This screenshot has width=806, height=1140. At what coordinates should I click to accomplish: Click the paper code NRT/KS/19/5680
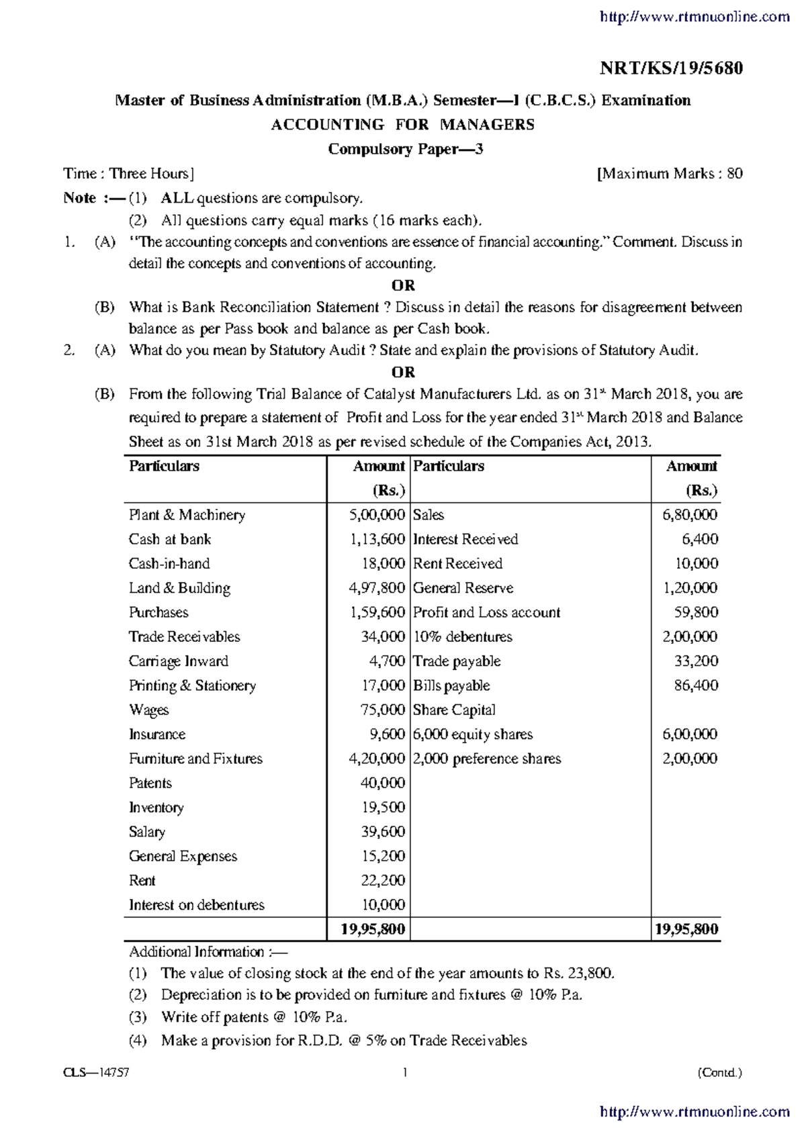click(671, 68)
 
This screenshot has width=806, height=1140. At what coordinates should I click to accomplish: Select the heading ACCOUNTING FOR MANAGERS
click(402, 124)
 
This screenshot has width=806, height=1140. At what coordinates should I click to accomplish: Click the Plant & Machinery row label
click(187, 515)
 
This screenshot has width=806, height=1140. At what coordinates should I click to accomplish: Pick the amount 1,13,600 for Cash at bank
click(377, 539)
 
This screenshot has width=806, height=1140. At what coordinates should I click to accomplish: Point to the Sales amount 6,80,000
click(690, 515)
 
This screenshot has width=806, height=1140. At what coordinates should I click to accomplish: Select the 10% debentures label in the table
click(463, 636)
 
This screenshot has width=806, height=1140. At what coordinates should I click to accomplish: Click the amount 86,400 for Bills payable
click(696, 685)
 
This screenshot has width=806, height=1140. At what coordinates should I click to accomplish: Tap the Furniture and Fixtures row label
click(195, 759)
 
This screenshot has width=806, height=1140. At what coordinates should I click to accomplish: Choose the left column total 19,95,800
click(373, 929)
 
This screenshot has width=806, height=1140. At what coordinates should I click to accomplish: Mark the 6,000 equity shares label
click(473, 734)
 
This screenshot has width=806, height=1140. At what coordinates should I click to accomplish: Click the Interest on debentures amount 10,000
click(383, 905)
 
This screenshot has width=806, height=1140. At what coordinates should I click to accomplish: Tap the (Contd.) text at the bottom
click(719, 1073)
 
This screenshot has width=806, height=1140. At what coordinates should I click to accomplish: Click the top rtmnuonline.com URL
click(695, 16)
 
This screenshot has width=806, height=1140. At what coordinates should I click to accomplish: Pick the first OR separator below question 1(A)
click(403, 285)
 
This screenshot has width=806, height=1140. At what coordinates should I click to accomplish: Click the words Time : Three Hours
click(128, 173)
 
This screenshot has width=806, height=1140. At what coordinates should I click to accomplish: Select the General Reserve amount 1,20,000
click(690, 588)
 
